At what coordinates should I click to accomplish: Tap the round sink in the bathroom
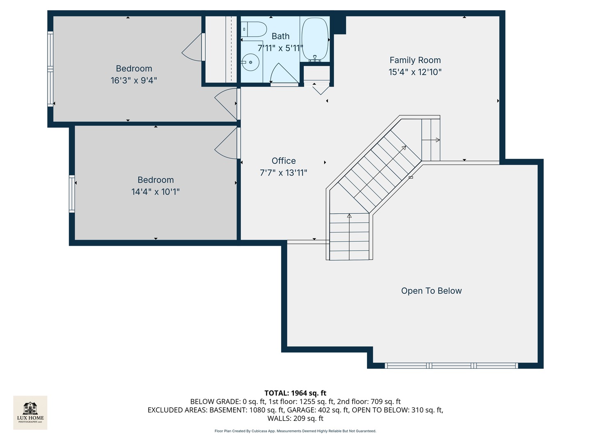click(x=250, y=63)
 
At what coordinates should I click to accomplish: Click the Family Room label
click(x=415, y=60)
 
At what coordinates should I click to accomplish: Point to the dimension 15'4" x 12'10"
click(x=415, y=72)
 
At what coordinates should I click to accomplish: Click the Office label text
click(x=284, y=161)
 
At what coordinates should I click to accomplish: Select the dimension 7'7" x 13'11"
click(x=284, y=173)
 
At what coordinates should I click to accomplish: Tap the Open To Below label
click(x=431, y=291)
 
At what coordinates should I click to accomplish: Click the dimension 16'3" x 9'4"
click(x=134, y=80)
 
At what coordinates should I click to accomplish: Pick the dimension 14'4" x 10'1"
click(x=156, y=192)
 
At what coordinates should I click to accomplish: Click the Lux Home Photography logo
click(x=30, y=412)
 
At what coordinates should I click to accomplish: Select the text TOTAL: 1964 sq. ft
click(x=295, y=393)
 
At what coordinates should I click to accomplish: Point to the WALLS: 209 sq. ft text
click(x=295, y=418)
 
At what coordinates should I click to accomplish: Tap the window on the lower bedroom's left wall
click(x=72, y=194)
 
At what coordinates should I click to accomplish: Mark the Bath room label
click(x=280, y=37)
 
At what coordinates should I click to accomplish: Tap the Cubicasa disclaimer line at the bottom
click(x=295, y=431)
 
